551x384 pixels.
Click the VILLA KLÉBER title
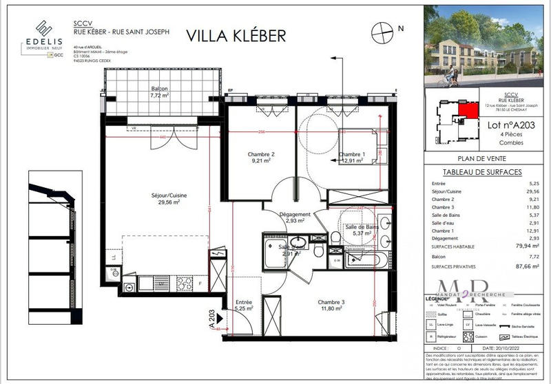(x=236, y=35)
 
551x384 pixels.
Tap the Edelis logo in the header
(x=42, y=35)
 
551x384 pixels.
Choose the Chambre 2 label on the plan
(x=262, y=158)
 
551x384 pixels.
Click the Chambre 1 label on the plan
(x=351, y=158)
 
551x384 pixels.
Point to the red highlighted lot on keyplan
(x=467, y=109)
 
